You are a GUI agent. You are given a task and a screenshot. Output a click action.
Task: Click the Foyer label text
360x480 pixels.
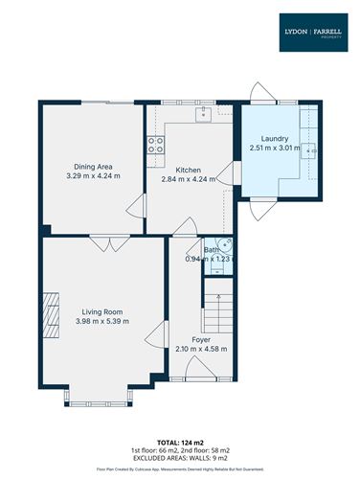tap(201, 340)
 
